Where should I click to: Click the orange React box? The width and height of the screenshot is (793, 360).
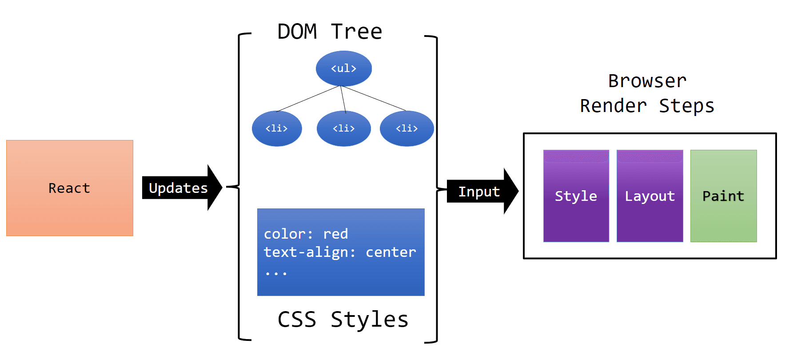[69, 188]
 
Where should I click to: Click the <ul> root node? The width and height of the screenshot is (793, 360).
[343, 68]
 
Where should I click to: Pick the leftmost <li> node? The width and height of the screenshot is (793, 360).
[276, 128]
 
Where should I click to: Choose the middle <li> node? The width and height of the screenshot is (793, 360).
[343, 128]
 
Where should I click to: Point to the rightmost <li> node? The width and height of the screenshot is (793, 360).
[406, 128]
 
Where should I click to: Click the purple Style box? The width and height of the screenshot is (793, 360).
[576, 196]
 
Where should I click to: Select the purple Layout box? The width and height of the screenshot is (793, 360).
[650, 196]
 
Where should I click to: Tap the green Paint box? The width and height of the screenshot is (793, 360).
[723, 196]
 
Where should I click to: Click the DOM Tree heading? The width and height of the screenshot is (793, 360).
[329, 32]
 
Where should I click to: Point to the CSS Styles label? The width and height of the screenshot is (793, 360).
[343, 320]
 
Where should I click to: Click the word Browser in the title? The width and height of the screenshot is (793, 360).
[647, 81]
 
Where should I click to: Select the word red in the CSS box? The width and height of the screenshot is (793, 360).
[335, 234]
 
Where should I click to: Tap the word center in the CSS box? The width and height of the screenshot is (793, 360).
[391, 252]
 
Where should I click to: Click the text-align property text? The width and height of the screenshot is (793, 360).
[307, 252]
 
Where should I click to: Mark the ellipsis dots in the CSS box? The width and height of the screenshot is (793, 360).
[276, 273]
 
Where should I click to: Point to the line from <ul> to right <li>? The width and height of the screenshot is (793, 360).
[375, 98]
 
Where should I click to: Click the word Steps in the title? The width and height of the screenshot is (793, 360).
[686, 106]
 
